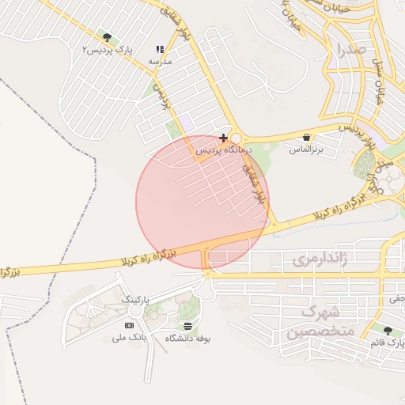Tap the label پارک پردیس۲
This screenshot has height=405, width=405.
coord(108,49)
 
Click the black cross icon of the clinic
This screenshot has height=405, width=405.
coord(223,138)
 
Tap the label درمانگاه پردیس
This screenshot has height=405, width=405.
coord(223,149)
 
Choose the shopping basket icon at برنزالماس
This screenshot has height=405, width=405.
coord(306,137)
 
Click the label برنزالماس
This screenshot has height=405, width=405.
coord(306,149)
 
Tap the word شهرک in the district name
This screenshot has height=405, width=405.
coord(320,311)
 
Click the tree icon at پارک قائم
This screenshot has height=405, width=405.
coord(387,331)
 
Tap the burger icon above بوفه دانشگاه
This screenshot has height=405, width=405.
coord(187,326)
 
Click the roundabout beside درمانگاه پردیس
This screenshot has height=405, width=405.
coord(235,138)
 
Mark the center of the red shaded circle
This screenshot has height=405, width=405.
coord(202,202)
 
